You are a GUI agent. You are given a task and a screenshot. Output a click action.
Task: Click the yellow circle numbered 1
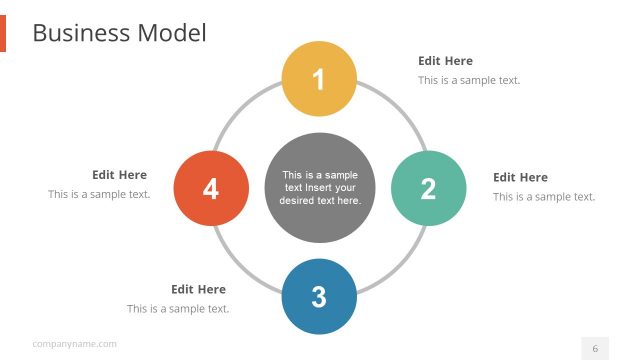click(x=319, y=79)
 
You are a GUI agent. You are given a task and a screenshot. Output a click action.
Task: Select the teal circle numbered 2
click(x=428, y=188)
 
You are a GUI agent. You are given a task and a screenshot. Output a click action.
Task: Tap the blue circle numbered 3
click(x=319, y=296)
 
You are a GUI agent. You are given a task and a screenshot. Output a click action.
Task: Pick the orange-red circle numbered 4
click(x=211, y=188)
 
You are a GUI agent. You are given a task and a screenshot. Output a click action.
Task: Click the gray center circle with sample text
click(x=319, y=187)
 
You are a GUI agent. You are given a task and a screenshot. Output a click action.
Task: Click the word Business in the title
click(x=81, y=33)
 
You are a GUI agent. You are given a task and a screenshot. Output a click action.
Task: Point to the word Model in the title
click(x=171, y=33)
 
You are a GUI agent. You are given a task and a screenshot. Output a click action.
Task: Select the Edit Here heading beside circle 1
click(x=445, y=61)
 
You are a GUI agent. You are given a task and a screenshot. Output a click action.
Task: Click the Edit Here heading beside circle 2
click(x=520, y=177)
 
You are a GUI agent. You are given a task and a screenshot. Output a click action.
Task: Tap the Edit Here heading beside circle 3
click(x=198, y=289)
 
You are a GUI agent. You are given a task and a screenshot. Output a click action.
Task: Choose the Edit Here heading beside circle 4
click(x=119, y=174)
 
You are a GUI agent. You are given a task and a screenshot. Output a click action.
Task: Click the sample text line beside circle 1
click(x=468, y=80)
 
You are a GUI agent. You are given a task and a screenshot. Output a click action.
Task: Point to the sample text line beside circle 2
click(x=543, y=196)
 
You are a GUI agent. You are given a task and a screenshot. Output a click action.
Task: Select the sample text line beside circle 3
click(x=178, y=308)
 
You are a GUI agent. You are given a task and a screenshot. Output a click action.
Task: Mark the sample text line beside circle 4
click(x=99, y=194)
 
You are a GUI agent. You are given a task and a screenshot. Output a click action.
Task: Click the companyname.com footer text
click(x=74, y=344)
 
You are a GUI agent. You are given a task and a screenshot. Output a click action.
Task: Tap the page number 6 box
click(x=595, y=348)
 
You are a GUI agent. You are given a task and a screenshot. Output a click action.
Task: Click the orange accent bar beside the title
click(x=3, y=33)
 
